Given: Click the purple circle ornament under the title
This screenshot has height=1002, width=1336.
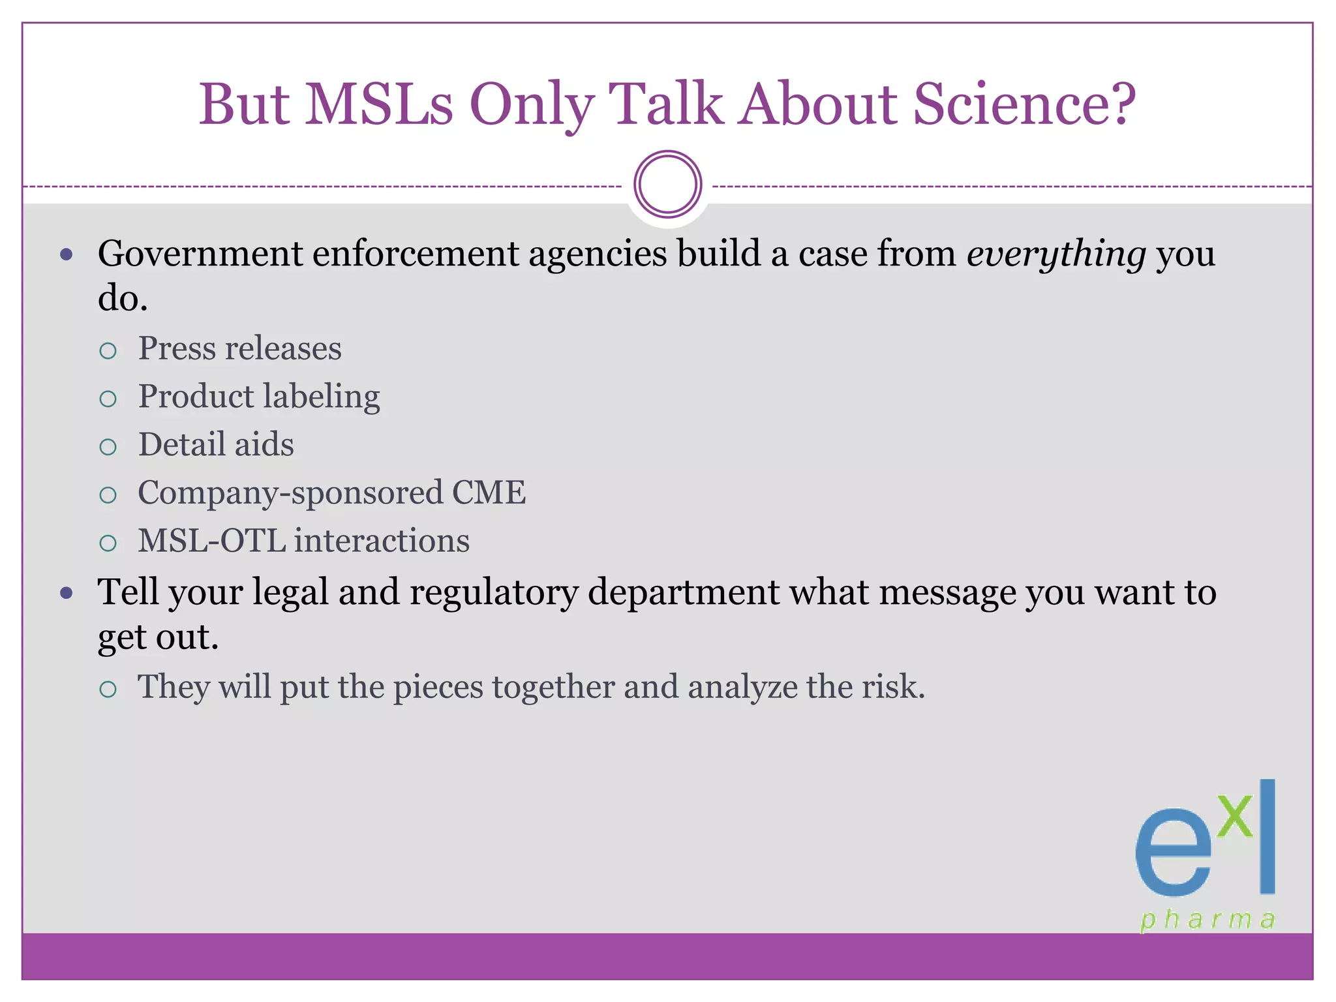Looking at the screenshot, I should coord(667,185).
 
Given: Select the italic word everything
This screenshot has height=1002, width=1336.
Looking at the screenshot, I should coord(1056,254).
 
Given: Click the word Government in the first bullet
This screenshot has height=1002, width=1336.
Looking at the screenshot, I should coord(200,254).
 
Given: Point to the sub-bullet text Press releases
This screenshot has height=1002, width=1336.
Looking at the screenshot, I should coord(239,348).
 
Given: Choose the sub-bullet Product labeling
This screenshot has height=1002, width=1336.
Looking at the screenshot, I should coord(259,397).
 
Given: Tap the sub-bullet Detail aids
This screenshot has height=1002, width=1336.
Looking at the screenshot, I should coord(216,445).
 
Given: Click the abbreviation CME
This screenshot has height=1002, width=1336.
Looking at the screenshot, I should coord(489,493).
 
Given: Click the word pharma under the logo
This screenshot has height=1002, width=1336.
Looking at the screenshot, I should coord(1207,920).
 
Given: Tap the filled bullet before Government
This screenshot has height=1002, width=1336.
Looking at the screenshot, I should coord(66,254).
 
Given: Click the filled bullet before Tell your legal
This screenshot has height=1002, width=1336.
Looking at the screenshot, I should coord(66,594).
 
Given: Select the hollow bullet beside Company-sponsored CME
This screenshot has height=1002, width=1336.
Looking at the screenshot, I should coord(108,495).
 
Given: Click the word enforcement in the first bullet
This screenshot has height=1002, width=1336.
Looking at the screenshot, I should coord(415,254).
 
